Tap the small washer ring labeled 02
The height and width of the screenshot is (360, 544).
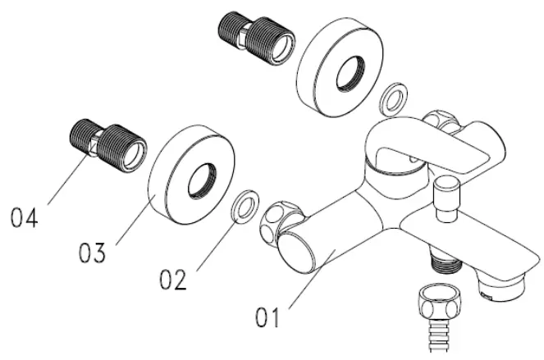click(x=245, y=207)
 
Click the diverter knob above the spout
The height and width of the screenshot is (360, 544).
click(x=448, y=197)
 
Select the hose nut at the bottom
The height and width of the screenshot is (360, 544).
click(x=437, y=303)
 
